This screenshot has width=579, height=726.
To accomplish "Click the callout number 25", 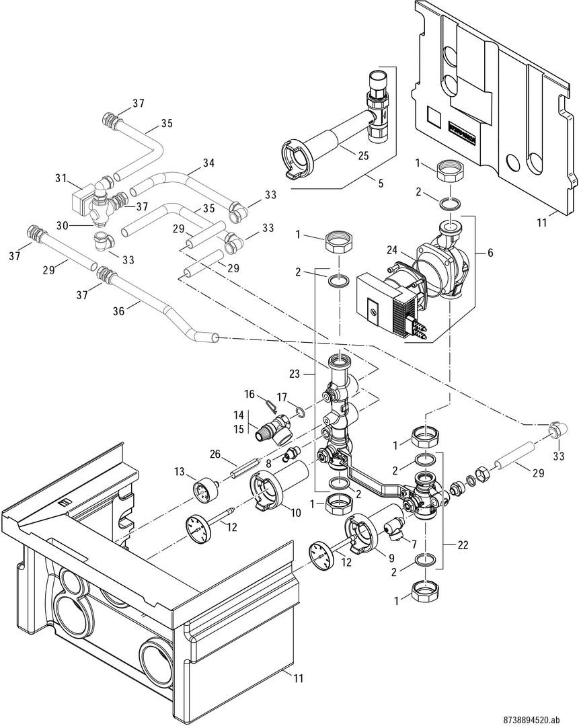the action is (364, 155).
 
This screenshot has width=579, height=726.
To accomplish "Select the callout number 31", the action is (62, 177).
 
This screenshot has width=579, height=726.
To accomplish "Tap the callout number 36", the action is (119, 311).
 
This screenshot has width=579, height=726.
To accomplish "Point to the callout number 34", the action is (208, 163).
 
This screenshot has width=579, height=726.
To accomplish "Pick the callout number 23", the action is (295, 373).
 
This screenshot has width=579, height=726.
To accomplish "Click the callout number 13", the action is (180, 473).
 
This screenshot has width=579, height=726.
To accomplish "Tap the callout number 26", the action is (215, 455).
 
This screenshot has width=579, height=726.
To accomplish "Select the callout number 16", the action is (249, 394).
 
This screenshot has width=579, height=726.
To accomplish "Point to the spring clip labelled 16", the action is (272, 405).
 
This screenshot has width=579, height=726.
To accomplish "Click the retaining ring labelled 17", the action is (299, 411).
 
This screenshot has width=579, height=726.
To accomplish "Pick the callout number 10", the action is (295, 512).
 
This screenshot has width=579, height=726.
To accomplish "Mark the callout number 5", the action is (381, 184).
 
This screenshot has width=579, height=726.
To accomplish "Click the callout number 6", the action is (490, 253).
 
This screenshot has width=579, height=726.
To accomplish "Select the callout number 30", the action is (63, 225).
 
